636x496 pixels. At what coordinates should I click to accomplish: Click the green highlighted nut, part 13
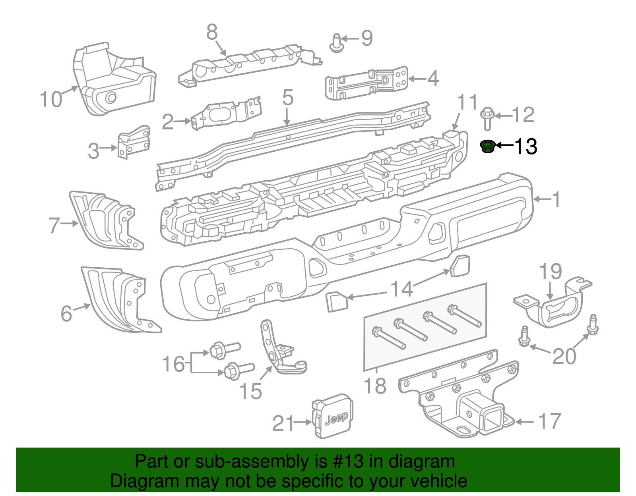[x=487, y=147]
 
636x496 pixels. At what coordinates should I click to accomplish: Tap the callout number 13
[x=525, y=147]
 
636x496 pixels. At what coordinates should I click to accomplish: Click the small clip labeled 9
[x=337, y=43]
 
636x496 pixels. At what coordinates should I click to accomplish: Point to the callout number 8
[x=212, y=33]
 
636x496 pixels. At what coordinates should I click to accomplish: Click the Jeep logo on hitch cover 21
[x=337, y=418]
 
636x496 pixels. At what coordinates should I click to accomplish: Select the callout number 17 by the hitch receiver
[x=550, y=421]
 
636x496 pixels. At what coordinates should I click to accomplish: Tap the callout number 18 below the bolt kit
[x=375, y=386]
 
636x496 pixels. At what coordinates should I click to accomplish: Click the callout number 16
[x=174, y=364]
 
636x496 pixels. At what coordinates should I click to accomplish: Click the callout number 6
[x=66, y=313]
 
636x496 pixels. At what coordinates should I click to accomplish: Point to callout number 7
[x=54, y=225]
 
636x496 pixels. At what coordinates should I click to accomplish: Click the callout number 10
[x=51, y=99]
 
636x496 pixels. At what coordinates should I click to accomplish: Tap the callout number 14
[x=401, y=289]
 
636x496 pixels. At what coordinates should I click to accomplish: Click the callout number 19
[x=551, y=272]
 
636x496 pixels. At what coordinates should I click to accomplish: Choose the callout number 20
[x=564, y=356]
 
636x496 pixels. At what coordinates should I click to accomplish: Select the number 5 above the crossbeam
[x=288, y=98]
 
